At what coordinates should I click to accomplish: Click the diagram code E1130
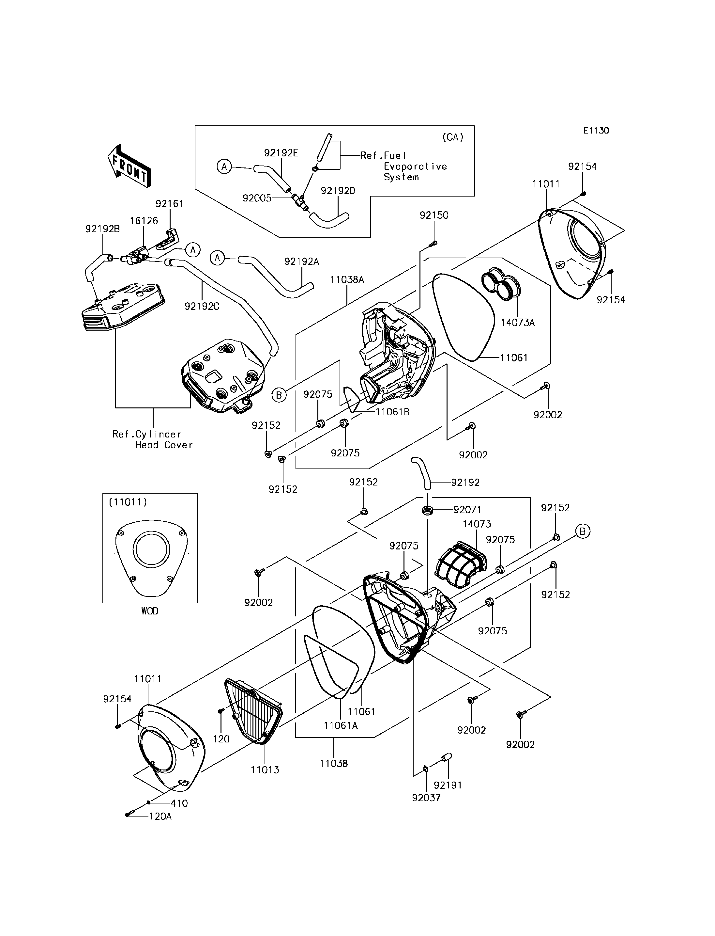596,131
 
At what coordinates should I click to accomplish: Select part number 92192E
281,153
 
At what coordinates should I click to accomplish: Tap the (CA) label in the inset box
452,137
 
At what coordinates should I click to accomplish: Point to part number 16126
144,221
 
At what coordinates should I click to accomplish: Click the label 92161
169,204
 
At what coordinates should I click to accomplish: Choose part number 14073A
518,323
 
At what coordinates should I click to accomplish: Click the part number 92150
434,215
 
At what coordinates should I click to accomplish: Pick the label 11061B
392,412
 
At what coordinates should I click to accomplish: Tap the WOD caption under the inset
150,611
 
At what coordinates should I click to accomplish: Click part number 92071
468,510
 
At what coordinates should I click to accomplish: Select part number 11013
265,770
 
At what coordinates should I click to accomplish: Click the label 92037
426,798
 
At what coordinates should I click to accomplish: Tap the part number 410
179,803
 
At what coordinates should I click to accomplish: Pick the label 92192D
338,190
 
